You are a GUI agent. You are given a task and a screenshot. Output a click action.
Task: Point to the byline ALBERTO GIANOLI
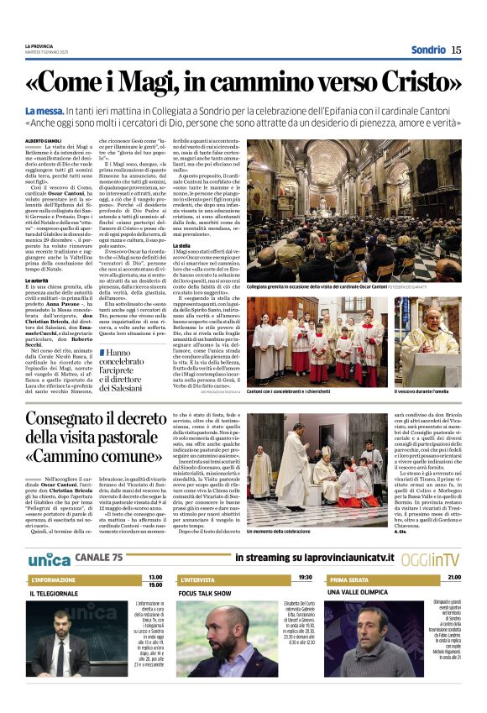point(44,140)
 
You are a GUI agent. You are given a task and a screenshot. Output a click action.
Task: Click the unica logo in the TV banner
point(49,558)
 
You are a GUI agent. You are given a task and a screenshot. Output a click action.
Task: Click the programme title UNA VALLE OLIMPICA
point(362,593)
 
